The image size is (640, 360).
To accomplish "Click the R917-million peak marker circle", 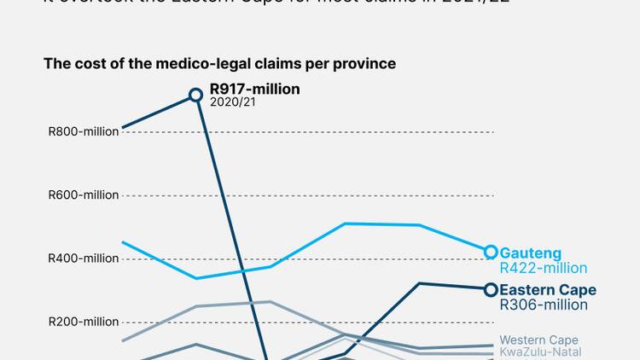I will click(195, 95).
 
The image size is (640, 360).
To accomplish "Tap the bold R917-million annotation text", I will click(254, 89).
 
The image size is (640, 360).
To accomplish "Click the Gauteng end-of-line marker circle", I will click(491, 252).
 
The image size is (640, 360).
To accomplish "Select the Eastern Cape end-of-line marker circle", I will click(491, 290).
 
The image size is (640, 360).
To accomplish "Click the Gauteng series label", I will click(530, 253).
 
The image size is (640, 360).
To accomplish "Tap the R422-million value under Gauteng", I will click(543, 268).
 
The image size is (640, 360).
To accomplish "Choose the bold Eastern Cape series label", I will click(547, 290).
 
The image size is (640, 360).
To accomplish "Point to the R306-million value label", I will click(543, 305).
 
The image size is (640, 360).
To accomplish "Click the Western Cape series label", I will click(538, 340).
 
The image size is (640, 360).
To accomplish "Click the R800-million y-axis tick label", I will click(84, 131).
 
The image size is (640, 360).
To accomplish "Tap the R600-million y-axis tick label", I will click(84, 195).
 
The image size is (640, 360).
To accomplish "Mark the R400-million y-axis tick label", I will click(84, 258).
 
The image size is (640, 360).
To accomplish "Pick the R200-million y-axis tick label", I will click(84, 322).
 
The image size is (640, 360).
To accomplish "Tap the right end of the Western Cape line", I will click(492, 345).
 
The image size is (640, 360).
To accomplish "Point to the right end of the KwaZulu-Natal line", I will click(492, 353).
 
